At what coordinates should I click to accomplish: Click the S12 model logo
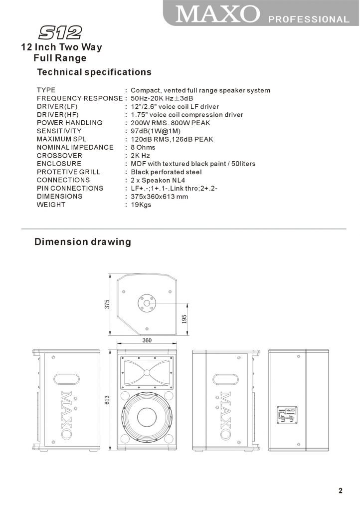(x=60, y=33)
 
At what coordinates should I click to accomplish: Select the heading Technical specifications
(x=94, y=72)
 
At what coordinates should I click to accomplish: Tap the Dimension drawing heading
(x=82, y=242)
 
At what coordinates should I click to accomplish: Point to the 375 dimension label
(x=107, y=304)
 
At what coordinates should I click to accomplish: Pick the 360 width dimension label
(x=147, y=340)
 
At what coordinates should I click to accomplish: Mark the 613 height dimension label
(x=107, y=399)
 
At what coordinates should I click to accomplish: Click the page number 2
(x=341, y=491)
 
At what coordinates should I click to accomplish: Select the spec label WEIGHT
(x=51, y=205)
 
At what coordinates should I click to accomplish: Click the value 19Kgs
(x=141, y=205)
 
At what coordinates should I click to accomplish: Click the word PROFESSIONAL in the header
(x=309, y=19)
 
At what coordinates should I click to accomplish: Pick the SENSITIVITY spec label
(x=59, y=131)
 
